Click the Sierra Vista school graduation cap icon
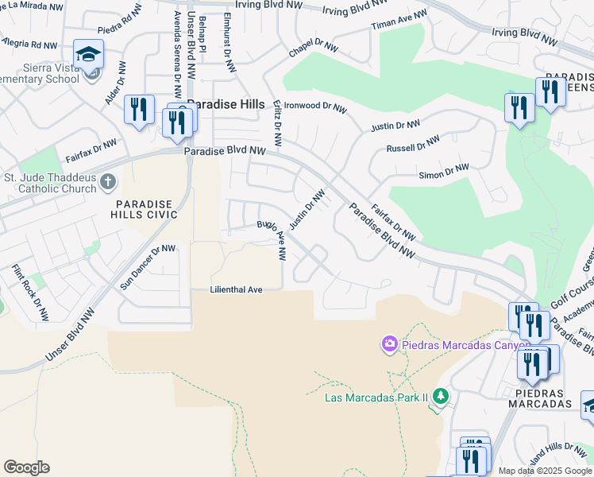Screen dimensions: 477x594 [89, 54]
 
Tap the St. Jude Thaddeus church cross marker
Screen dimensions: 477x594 [109, 183]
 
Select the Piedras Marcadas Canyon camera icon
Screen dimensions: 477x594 [390, 343]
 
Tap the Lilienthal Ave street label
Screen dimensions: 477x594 [236, 290]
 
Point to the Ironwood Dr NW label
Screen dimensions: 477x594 [315, 107]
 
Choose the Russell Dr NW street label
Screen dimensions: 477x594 [412, 144]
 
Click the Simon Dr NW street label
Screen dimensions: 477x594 [443, 173]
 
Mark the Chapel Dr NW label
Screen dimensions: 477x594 [314, 48]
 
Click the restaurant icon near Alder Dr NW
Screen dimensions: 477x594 [140, 110]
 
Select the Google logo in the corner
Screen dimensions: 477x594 [26, 467]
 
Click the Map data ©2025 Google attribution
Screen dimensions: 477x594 [545, 471]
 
